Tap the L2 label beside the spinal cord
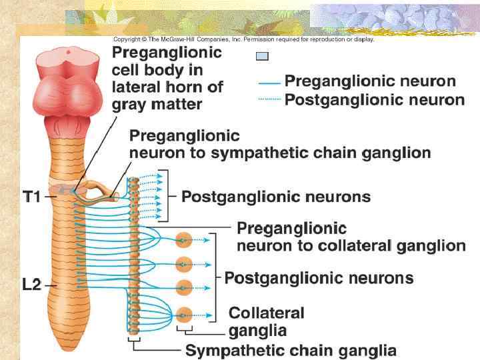[32, 284]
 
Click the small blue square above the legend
[262, 57]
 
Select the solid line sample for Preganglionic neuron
[269, 83]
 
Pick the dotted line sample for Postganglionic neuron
[269, 100]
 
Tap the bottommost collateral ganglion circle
[185, 312]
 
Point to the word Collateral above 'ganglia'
[266, 313]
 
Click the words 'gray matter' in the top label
[157, 104]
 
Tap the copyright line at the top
[243, 39]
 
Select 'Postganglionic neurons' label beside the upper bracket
[275, 197]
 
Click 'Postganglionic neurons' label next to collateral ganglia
[319, 278]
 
